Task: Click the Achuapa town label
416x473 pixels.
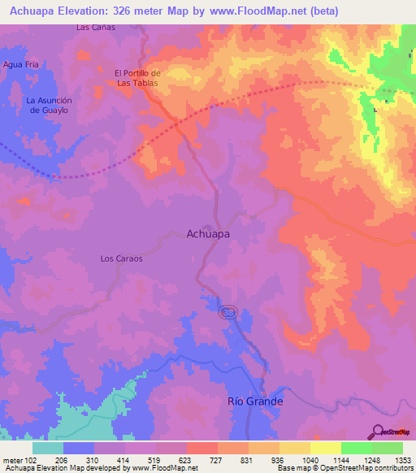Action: [208, 233]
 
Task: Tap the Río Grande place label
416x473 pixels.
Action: [254, 401]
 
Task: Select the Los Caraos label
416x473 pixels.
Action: [121, 258]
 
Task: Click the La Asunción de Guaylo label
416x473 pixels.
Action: [50, 105]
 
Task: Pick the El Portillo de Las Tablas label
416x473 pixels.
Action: [137, 77]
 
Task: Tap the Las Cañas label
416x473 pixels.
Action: [95, 27]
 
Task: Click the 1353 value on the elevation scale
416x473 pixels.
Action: [401, 459]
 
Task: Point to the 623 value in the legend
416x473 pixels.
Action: [187, 459]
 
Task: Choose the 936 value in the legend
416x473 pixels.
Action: [279, 459]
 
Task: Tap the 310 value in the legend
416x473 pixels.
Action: [95, 459]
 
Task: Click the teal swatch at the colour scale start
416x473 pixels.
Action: [48, 448]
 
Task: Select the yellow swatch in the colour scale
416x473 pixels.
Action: [325, 448]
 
